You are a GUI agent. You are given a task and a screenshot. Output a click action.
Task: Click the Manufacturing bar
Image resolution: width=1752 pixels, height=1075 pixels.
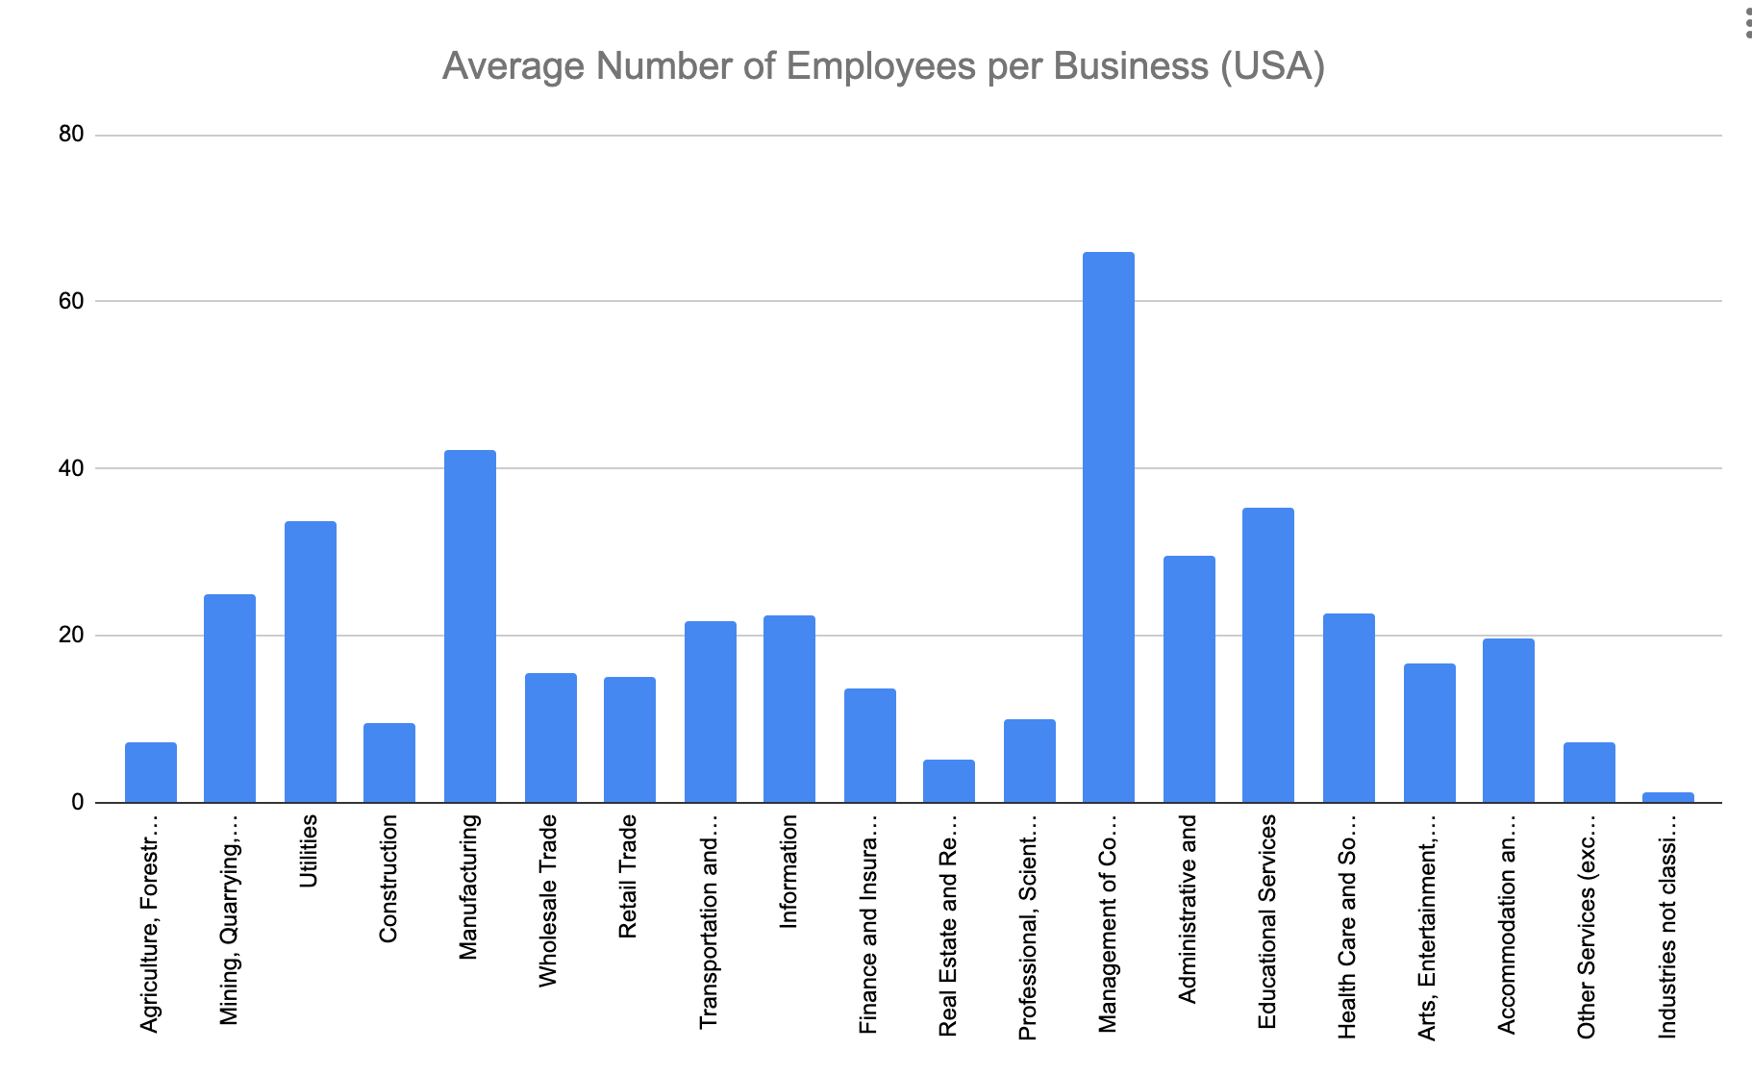pos(469,626)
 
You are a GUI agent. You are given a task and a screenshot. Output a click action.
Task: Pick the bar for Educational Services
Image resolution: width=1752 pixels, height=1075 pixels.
pos(1267,655)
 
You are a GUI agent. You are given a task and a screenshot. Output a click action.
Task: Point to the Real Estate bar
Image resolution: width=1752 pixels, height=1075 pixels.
pos(948,781)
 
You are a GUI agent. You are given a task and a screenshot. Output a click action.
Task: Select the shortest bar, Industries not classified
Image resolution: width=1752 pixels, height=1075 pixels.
pos(1667,797)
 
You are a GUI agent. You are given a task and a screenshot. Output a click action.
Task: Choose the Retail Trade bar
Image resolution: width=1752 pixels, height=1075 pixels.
pos(629,739)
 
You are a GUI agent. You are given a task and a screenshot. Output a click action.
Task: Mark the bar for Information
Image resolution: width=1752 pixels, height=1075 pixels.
pos(788,709)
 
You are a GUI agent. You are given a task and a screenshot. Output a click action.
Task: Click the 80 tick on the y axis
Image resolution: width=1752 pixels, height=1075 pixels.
pos(71,135)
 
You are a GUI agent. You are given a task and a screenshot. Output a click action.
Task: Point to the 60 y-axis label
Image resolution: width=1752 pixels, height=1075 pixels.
pos(71,301)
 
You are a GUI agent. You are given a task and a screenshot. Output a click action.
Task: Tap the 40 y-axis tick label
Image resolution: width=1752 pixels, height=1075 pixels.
pos(71,468)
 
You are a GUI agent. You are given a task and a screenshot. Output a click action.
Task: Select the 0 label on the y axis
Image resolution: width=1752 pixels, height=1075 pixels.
pos(77,803)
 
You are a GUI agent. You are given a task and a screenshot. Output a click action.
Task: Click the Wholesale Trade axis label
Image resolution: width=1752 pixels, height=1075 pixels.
pos(548,900)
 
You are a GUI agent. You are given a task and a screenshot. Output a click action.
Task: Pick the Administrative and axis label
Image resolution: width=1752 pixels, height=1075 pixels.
pos(1188,909)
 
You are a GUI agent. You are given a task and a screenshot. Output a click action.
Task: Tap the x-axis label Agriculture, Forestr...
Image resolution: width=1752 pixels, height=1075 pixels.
pos(149,923)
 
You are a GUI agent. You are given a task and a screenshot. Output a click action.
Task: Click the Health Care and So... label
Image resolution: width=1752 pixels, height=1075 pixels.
pos(1347,926)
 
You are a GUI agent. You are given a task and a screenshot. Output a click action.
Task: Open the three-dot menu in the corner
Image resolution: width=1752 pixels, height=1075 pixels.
pos(1747,24)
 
